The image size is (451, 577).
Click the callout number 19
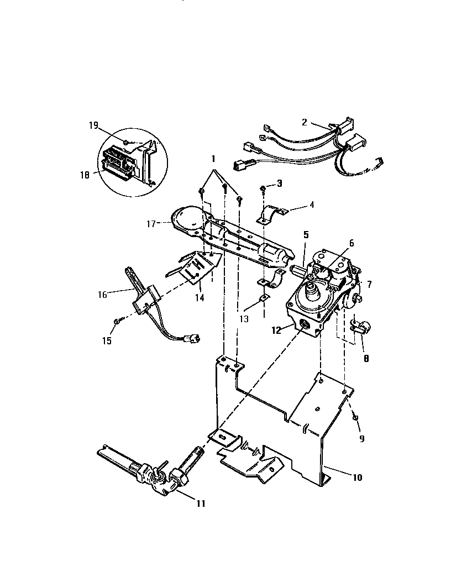(x=93, y=126)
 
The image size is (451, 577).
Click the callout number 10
(x=358, y=478)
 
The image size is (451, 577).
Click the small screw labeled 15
(x=117, y=321)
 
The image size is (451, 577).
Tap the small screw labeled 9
(x=354, y=416)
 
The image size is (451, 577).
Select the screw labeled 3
(x=263, y=190)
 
